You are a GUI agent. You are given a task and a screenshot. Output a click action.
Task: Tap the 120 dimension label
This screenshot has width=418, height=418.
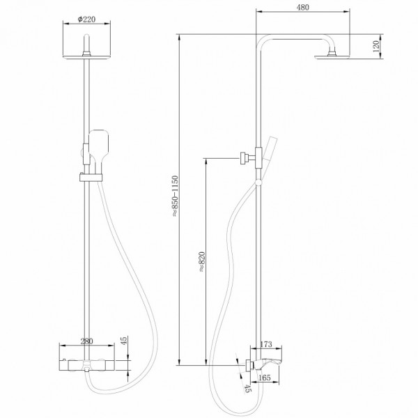tap(377, 47)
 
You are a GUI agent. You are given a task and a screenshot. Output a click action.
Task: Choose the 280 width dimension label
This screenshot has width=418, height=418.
tap(87, 341)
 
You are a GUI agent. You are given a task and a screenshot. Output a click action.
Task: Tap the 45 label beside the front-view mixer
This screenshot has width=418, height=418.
tap(124, 341)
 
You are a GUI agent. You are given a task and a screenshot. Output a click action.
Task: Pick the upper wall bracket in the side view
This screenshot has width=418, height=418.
tap(245, 158)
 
